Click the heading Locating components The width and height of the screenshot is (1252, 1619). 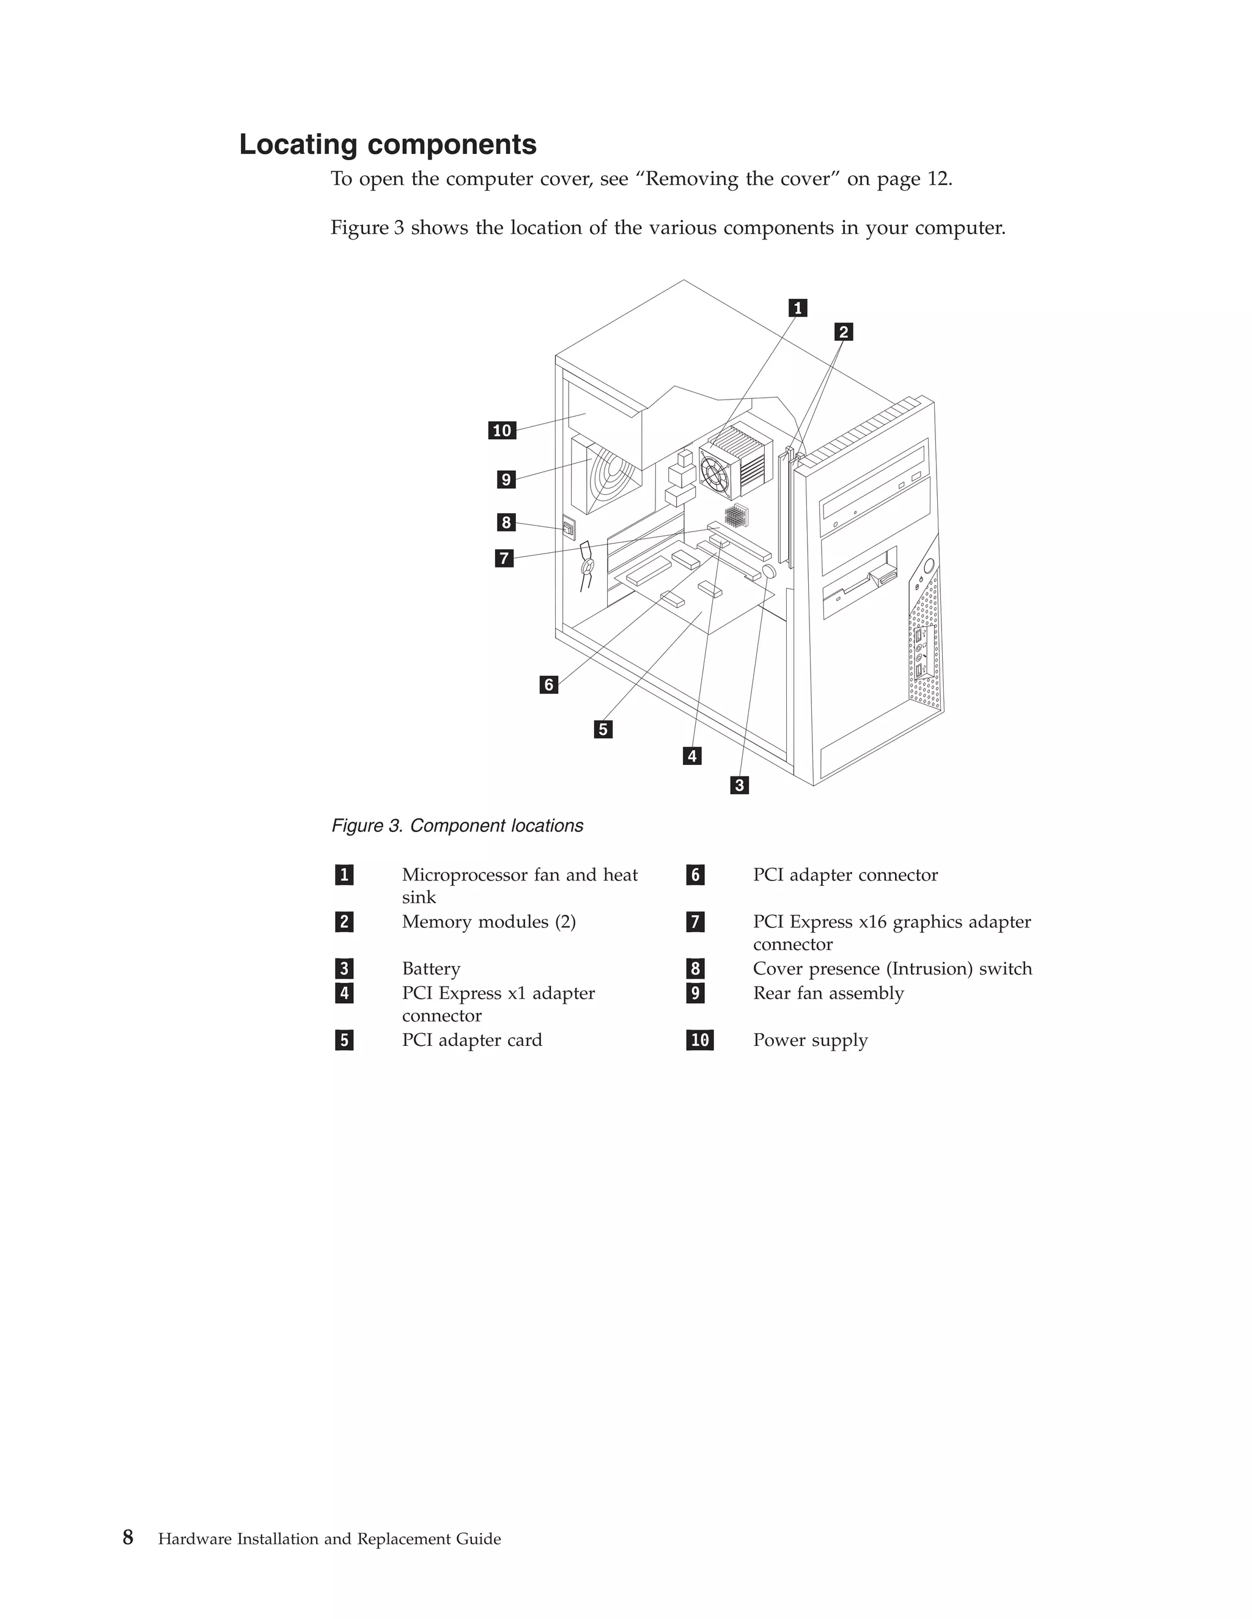pos(387,145)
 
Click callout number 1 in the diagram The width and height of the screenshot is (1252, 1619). pos(797,308)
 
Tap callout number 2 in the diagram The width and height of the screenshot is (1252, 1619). pos(843,332)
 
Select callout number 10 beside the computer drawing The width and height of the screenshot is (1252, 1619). pos(502,431)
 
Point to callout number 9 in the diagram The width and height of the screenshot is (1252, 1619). pos(506,480)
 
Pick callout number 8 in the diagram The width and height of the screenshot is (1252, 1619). pos(506,522)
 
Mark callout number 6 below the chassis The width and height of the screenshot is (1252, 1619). pos(549,684)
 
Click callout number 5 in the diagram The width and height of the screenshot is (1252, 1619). pos(603,729)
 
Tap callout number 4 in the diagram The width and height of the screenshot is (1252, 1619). pos(692,756)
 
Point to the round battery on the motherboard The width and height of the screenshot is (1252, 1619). pos(768,572)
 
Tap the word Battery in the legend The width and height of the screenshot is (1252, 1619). pos(431,969)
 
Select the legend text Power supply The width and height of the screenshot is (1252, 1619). pos(810,1040)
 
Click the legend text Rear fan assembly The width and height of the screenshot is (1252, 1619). pos(828,993)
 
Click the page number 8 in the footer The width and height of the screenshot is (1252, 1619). pos(128,1538)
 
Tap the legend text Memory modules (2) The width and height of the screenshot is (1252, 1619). pos(489,922)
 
